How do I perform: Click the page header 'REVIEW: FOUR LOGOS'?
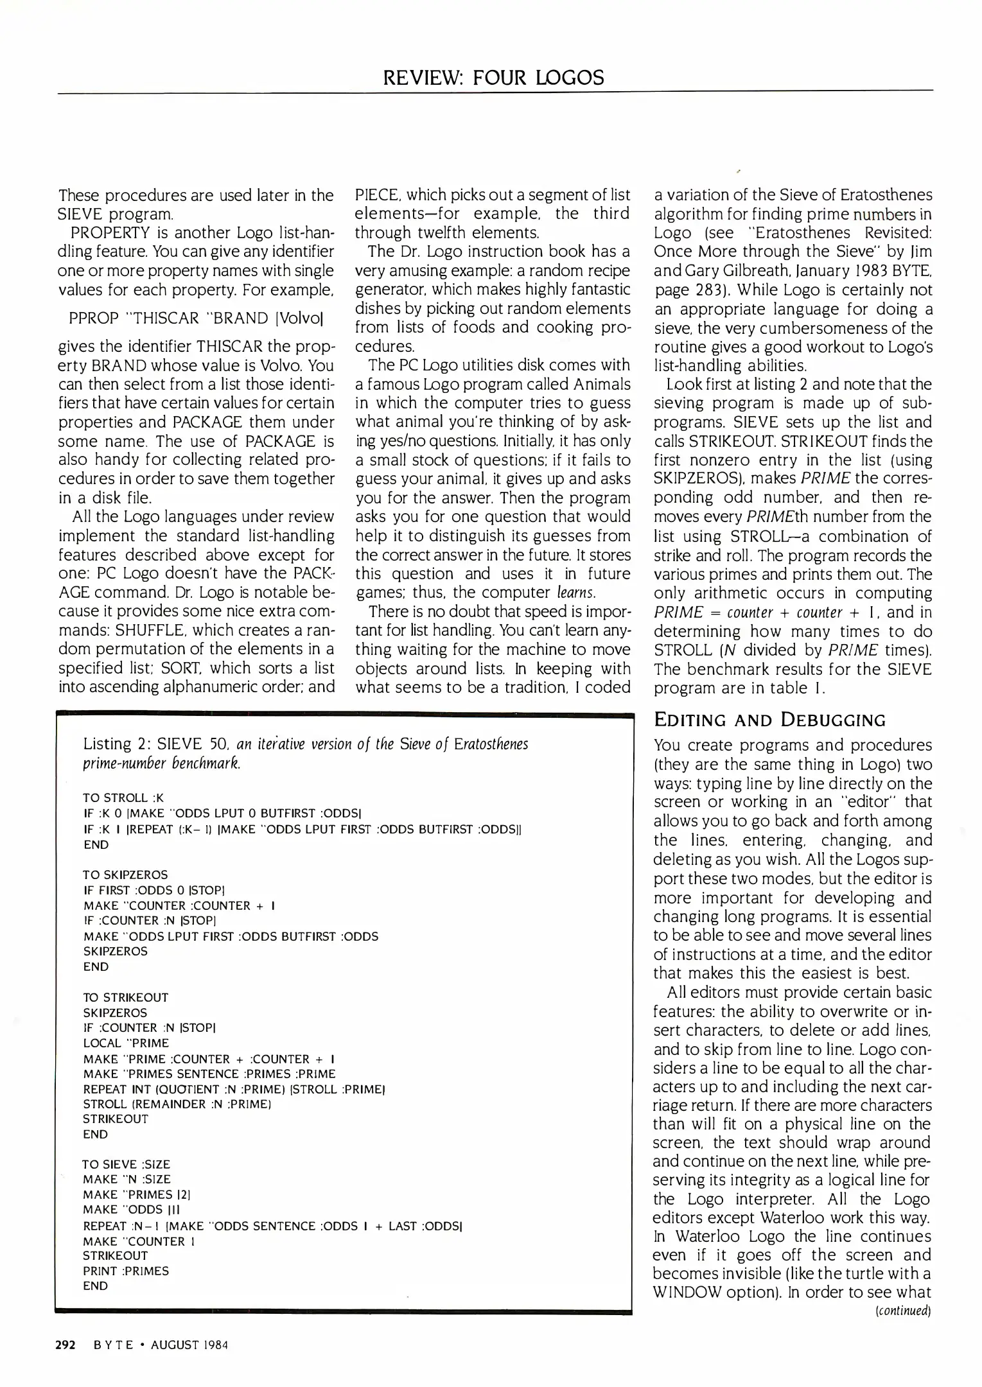tap(493, 78)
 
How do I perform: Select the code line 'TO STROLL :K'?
tap(124, 798)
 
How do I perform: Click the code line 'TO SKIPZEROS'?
tap(125, 875)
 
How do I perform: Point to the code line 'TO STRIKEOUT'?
tap(126, 997)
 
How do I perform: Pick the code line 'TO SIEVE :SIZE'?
tap(126, 1164)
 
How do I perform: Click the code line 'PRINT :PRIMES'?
tap(126, 1271)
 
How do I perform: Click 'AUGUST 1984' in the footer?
tap(189, 1345)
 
